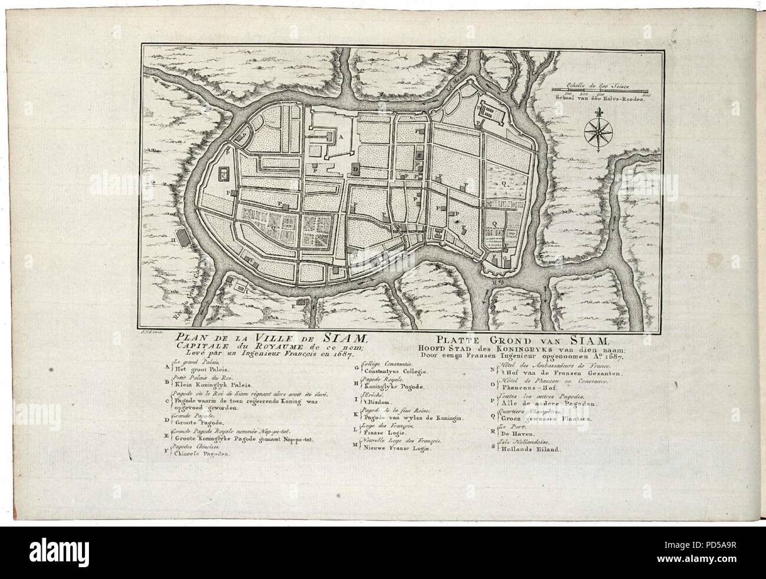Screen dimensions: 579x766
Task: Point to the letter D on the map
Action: (x=355, y=168)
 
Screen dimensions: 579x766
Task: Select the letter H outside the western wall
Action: (x=174, y=240)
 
